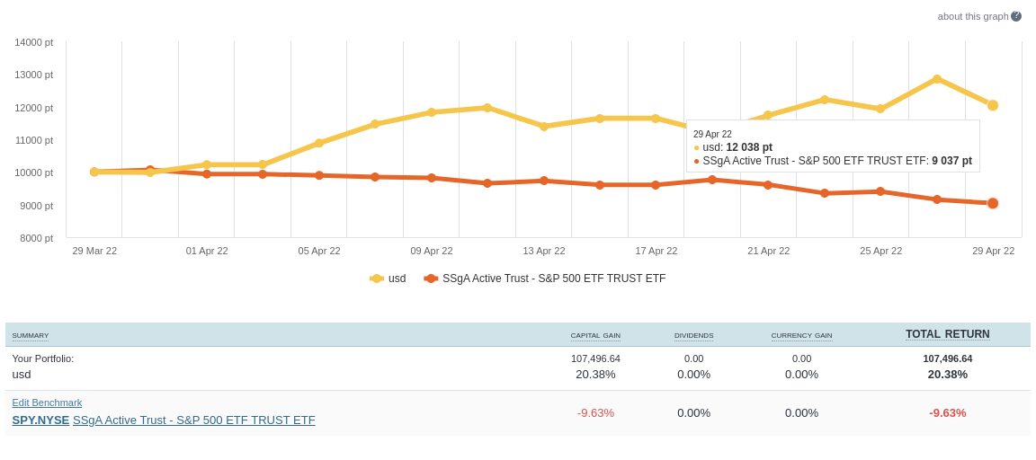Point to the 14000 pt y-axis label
33,42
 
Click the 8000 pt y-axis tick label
36,238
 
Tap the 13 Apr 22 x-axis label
544,251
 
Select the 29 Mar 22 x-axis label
94,251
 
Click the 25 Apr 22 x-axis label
880,251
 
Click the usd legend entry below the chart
388,279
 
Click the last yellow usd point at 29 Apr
993,105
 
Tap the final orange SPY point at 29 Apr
993,203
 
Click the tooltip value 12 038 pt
749,147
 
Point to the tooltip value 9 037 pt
951,161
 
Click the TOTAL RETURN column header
947,334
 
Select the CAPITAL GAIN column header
595,336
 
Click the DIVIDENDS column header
693,336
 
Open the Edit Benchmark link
47,402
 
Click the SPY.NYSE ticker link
40,420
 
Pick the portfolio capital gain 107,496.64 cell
595,358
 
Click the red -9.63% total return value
947,412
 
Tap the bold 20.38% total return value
947,374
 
